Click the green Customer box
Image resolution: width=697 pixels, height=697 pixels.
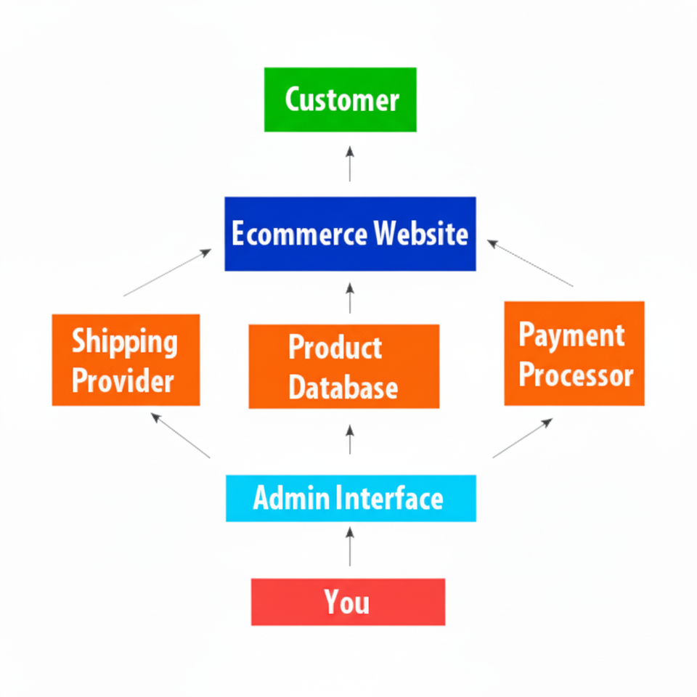click(x=340, y=99)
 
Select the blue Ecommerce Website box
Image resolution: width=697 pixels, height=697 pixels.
click(x=350, y=234)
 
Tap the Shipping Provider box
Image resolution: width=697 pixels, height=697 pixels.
click(x=126, y=360)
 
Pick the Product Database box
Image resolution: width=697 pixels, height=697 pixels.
click(x=343, y=367)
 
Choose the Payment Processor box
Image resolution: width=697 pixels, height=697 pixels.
click(x=574, y=354)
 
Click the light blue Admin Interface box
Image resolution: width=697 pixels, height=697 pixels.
click(x=351, y=498)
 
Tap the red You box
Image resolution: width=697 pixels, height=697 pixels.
click(x=348, y=602)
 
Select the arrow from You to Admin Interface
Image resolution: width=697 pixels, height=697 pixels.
click(x=350, y=547)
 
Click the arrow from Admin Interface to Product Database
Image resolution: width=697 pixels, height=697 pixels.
click(x=350, y=439)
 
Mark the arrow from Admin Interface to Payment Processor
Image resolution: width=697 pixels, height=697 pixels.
click(x=523, y=438)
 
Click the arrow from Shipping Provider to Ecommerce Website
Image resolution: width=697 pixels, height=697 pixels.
click(x=168, y=272)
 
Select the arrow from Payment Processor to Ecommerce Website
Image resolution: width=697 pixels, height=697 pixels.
click(x=530, y=263)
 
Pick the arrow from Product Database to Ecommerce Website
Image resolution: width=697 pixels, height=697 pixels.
click(x=350, y=298)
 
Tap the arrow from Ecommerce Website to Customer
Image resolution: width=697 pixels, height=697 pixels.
click(x=350, y=163)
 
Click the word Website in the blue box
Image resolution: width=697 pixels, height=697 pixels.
click(x=420, y=234)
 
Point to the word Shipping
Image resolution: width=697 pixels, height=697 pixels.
click(x=124, y=341)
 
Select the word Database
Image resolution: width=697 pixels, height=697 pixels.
click(x=343, y=386)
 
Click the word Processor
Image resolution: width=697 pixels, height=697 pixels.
click(x=576, y=375)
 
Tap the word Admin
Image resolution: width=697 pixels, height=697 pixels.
click(x=289, y=498)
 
